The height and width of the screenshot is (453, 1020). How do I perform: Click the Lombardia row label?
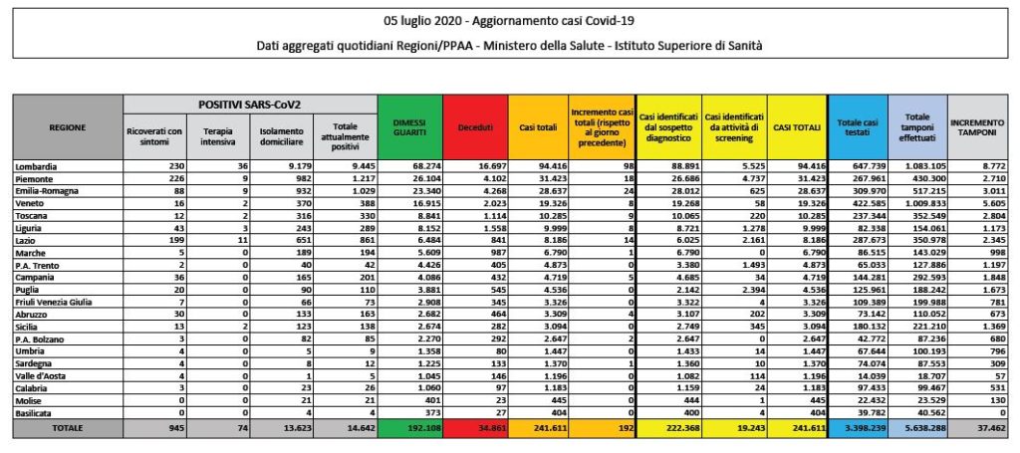39,163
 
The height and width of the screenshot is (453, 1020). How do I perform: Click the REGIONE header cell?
68,126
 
